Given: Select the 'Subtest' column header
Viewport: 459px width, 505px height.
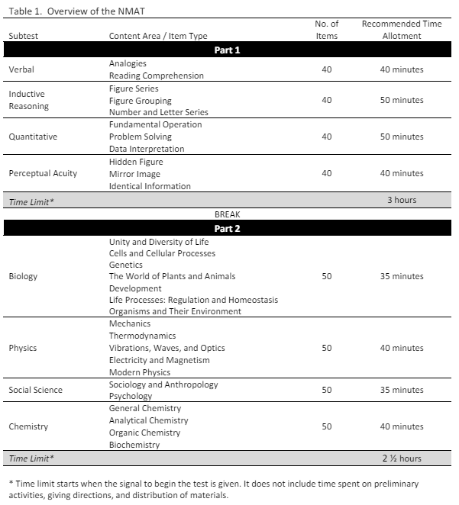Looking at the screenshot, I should (x=24, y=36).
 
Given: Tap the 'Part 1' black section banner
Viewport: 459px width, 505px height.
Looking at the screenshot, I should (x=227, y=50).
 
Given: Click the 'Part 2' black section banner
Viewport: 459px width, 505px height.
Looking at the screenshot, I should (x=227, y=230).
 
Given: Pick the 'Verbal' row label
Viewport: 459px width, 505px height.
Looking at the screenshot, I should (x=21, y=69).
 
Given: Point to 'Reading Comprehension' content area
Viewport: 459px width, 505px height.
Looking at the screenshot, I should (x=156, y=76).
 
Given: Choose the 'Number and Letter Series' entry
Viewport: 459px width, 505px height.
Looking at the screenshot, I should (x=158, y=112).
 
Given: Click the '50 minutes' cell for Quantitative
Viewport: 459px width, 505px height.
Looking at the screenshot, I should (x=401, y=137).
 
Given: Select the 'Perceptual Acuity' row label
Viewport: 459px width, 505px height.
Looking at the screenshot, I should (x=43, y=173).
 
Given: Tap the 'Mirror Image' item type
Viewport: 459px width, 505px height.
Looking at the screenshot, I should (x=134, y=174).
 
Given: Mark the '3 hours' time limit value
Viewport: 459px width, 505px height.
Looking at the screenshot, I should (x=401, y=201).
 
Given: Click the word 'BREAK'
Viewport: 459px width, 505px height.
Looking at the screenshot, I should (x=227, y=215).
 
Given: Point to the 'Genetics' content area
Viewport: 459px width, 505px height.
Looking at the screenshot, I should (x=125, y=265).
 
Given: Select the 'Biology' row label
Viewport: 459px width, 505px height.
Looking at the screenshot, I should (x=23, y=276).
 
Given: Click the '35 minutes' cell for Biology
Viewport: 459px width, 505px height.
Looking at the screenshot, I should (x=401, y=276).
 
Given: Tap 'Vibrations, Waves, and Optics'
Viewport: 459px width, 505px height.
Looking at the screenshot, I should (x=166, y=348).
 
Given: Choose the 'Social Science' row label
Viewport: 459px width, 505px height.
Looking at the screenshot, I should (x=35, y=390).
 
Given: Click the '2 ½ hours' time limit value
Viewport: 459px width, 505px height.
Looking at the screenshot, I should (x=401, y=458).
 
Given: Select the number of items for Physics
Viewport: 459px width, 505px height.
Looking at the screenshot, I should (x=327, y=348).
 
